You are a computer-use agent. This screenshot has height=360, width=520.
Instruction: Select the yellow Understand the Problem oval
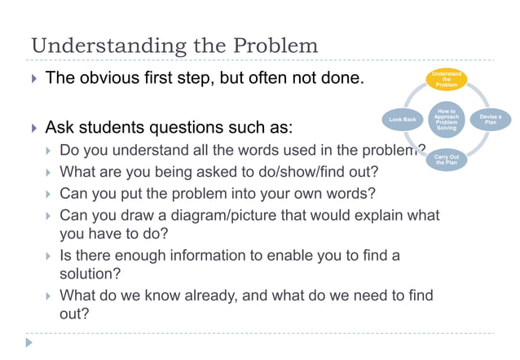447,80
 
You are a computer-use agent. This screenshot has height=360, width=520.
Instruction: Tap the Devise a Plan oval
490,120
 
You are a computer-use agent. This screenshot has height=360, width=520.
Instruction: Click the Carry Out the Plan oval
447,159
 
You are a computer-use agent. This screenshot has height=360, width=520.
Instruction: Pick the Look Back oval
403,120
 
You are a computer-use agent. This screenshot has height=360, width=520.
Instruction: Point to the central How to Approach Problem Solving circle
447,119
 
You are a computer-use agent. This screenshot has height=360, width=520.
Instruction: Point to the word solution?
90,274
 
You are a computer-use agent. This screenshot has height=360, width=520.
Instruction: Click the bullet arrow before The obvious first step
33,80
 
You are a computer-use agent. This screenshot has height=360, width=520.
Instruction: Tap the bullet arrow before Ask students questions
33,128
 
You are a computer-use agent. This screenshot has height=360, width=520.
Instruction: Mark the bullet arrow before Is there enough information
49,257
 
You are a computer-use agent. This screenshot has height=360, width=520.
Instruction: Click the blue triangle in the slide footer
29,343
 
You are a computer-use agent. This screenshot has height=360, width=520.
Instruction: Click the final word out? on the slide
75,314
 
